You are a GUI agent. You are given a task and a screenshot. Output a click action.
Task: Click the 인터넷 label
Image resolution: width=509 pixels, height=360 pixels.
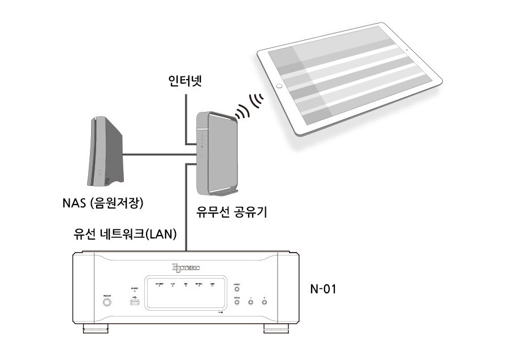pos(186,80)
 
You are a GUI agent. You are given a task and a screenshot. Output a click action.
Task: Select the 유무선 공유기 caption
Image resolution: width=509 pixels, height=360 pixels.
pos(231,213)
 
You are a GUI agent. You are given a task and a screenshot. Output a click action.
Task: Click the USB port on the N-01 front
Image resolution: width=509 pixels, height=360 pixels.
pos(135,303)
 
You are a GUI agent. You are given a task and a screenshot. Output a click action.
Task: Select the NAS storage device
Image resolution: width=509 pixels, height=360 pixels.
pos(106,151)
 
